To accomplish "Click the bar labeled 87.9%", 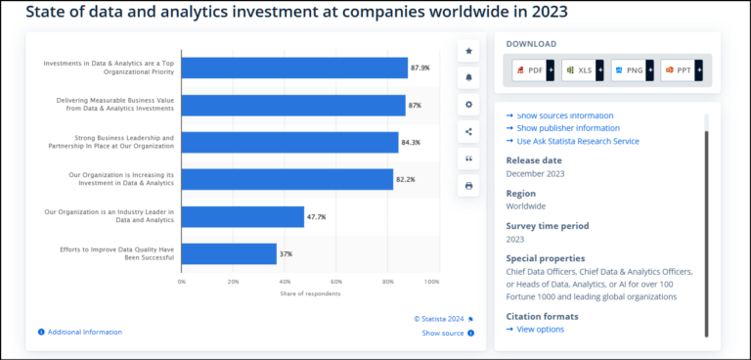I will [x=294, y=67].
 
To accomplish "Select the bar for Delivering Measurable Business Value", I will [x=293, y=105].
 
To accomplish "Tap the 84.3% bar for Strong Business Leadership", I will [x=289, y=142].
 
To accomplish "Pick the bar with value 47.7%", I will [x=243, y=216].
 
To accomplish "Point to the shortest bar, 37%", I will [x=229, y=253].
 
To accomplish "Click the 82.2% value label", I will [x=406, y=179].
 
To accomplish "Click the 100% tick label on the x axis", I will [x=431, y=282].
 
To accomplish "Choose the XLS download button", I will [x=578, y=70].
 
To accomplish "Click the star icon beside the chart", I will [x=468, y=50].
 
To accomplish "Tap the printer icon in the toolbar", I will [x=468, y=185].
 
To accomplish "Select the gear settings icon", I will [x=468, y=104].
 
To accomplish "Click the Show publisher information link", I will [x=567, y=128].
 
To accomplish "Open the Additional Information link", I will [x=84, y=332].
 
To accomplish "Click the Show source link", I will [x=443, y=333].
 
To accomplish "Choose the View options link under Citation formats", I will [x=540, y=329].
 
